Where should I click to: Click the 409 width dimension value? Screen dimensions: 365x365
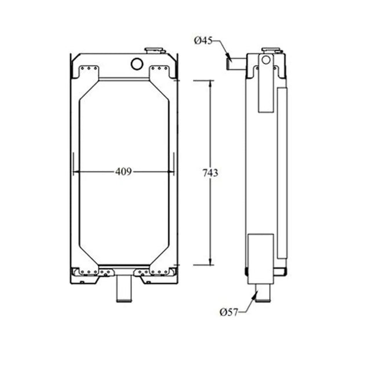[x=123, y=171]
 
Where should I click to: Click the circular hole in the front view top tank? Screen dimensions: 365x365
[x=137, y=63]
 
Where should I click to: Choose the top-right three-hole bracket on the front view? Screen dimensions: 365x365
[x=160, y=70]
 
